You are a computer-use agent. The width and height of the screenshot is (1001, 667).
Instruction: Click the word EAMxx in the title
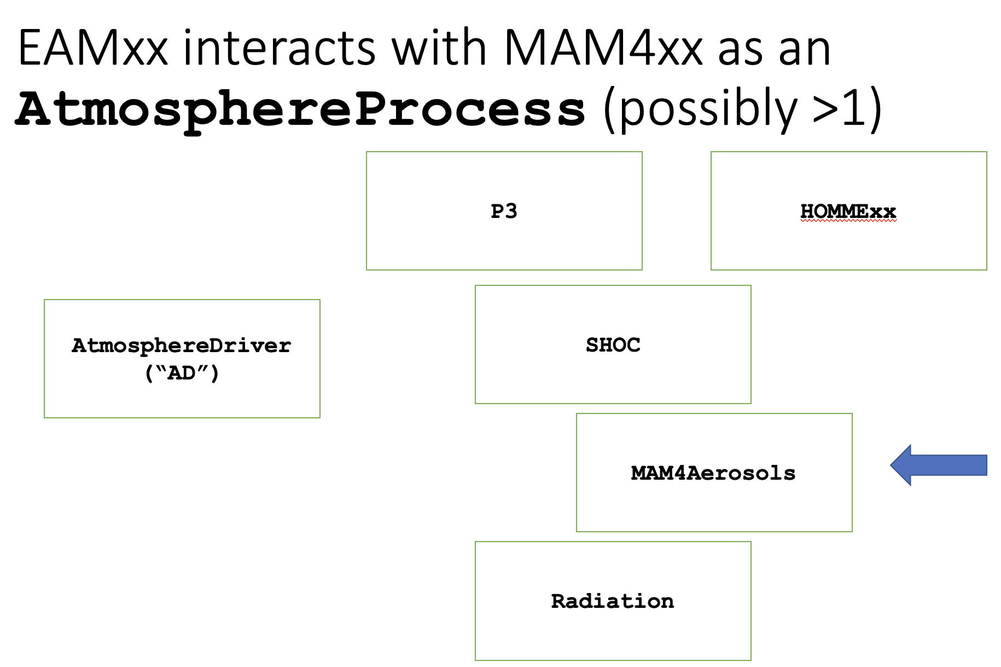[92, 48]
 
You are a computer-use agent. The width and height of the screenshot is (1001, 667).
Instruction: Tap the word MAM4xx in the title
[603, 48]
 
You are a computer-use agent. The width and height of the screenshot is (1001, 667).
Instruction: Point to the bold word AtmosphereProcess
[300, 110]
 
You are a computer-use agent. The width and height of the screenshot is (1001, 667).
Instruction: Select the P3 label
[504, 211]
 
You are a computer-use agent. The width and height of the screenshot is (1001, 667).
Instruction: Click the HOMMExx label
[848, 211]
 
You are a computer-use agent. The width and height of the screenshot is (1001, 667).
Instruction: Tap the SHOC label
[613, 344]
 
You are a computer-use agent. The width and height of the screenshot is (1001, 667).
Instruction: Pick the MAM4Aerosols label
[713, 473]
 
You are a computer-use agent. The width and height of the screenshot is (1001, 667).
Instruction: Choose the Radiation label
[613, 601]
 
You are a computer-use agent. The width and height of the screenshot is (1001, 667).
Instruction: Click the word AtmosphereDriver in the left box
[182, 346]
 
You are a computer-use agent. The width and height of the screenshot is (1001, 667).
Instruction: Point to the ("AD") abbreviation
[182, 373]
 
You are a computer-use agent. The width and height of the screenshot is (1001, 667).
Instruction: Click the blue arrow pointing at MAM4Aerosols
[939, 465]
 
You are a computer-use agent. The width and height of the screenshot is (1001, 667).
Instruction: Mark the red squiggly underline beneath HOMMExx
[848, 221]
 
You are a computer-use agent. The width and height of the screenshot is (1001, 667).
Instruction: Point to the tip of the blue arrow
[891, 465]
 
